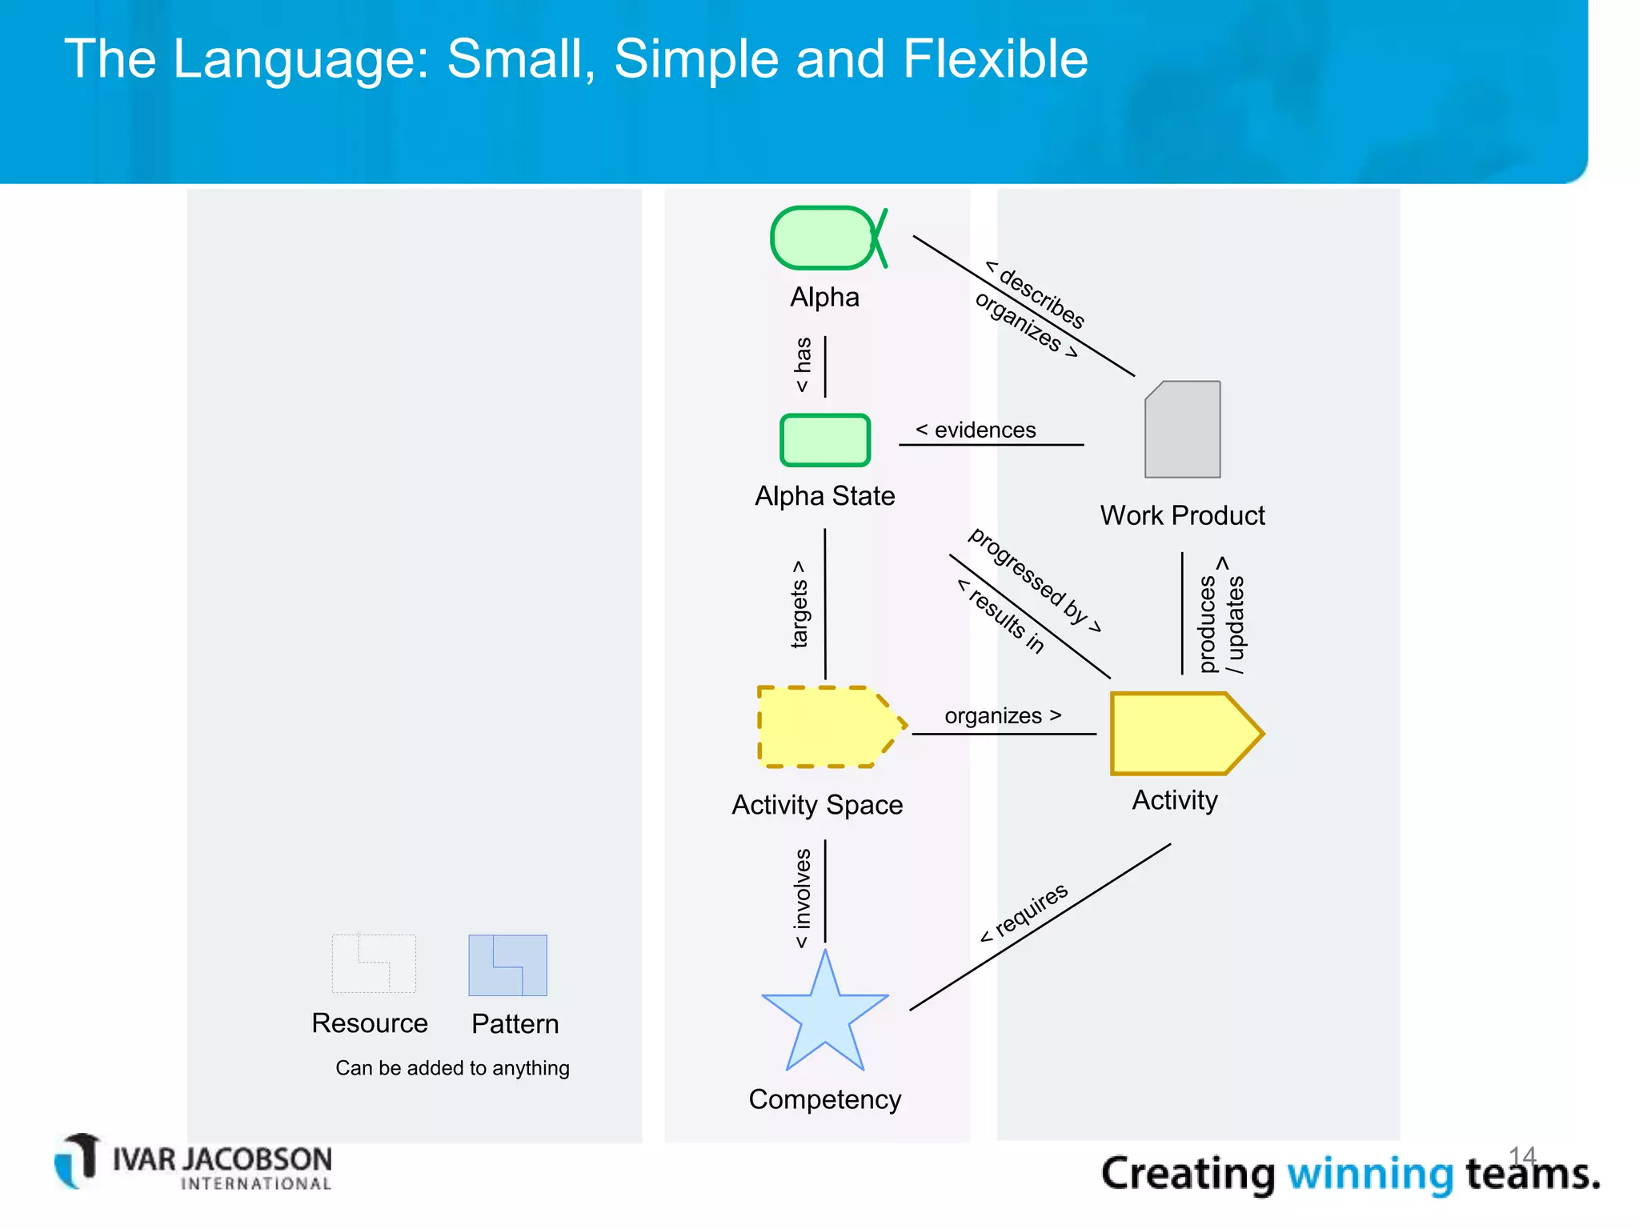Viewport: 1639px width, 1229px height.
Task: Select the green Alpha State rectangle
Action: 825,440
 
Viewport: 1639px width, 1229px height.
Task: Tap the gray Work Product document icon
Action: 1183,430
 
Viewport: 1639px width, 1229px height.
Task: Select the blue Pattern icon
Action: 507,965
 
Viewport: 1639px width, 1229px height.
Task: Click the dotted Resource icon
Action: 374,964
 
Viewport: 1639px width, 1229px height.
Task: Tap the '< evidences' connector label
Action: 976,430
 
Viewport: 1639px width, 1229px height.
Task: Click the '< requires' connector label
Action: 1024,913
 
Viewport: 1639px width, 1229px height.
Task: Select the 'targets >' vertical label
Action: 799,604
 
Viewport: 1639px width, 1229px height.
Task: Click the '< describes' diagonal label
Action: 1036,294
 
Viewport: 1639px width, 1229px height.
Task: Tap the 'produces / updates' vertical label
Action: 1222,617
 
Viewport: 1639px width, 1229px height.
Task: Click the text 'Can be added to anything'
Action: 452,1068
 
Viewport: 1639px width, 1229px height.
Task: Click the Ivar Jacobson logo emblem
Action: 78,1160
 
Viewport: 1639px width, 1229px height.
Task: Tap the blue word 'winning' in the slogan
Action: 1369,1174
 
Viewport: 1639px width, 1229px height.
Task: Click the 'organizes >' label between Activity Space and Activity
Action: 1003,715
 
